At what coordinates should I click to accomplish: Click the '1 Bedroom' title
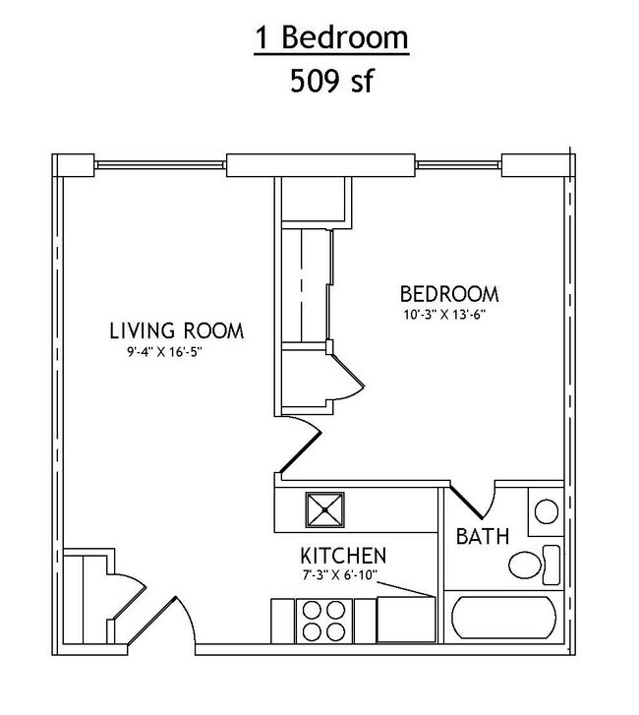click(331, 37)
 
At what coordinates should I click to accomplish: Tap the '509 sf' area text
click(331, 81)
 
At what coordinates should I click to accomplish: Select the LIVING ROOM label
click(177, 330)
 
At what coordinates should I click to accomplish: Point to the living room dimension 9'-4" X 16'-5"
click(164, 352)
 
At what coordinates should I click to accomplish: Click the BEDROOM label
click(449, 294)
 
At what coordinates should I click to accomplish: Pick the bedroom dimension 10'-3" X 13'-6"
click(444, 315)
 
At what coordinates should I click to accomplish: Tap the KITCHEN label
click(343, 556)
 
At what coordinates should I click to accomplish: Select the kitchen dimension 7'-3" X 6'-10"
click(339, 575)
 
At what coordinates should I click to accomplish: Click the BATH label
click(483, 536)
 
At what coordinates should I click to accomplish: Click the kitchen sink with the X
click(325, 509)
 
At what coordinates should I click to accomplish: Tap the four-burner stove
click(324, 621)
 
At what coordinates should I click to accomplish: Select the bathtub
click(503, 618)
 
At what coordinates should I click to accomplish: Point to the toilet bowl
click(525, 565)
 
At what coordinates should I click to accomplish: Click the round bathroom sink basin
click(546, 511)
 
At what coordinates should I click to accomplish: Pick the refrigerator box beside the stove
click(406, 620)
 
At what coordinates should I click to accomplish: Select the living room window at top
click(160, 164)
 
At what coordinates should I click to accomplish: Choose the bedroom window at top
click(458, 164)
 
